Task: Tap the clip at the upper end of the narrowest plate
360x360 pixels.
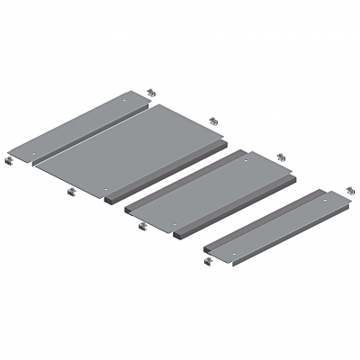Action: pyautogui.click(x=351, y=192)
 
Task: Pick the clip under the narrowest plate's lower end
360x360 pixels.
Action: pyautogui.click(x=210, y=261)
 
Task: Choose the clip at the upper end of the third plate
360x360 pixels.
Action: pyautogui.click(x=281, y=157)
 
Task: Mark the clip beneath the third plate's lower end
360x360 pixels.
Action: pyautogui.click(x=142, y=226)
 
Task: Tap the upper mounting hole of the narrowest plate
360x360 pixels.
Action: pyautogui.click(x=321, y=199)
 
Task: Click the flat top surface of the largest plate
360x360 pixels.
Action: pyautogui.click(x=135, y=153)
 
